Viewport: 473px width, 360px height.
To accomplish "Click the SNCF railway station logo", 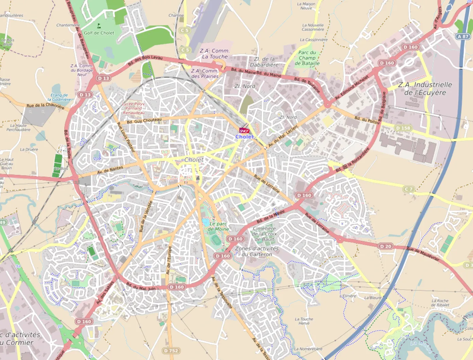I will (x=244, y=131).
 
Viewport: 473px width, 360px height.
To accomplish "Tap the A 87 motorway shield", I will (x=463, y=36).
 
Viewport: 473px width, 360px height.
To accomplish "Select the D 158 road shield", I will (x=403, y=128).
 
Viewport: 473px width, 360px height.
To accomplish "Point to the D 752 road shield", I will (x=171, y=350).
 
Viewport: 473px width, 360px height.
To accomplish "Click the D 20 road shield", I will (x=386, y=246).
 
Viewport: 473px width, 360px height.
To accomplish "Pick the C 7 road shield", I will (x=409, y=189).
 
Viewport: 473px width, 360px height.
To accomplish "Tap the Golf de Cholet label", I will (x=99, y=33).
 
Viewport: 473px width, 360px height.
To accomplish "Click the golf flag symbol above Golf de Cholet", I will (x=99, y=26).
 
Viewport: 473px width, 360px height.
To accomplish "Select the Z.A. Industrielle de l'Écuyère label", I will (x=425, y=88).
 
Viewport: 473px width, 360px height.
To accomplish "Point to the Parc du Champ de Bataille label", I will (x=307, y=58).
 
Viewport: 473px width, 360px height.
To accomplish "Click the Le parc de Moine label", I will (x=218, y=226).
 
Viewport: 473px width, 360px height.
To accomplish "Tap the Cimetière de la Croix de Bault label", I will (x=264, y=234).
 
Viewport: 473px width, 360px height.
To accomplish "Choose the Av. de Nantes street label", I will (x=110, y=170).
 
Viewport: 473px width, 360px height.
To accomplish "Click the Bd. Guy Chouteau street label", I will (x=144, y=120).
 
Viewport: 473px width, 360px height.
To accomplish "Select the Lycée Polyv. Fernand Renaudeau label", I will (x=134, y=108).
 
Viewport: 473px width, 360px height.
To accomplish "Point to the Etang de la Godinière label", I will (x=60, y=97).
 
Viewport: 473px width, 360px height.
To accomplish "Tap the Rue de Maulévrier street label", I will (x=423, y=253).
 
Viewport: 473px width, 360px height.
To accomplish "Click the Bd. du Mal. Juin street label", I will (x=141, y=286).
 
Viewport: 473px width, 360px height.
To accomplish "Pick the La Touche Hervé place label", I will (x=304, y=321).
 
